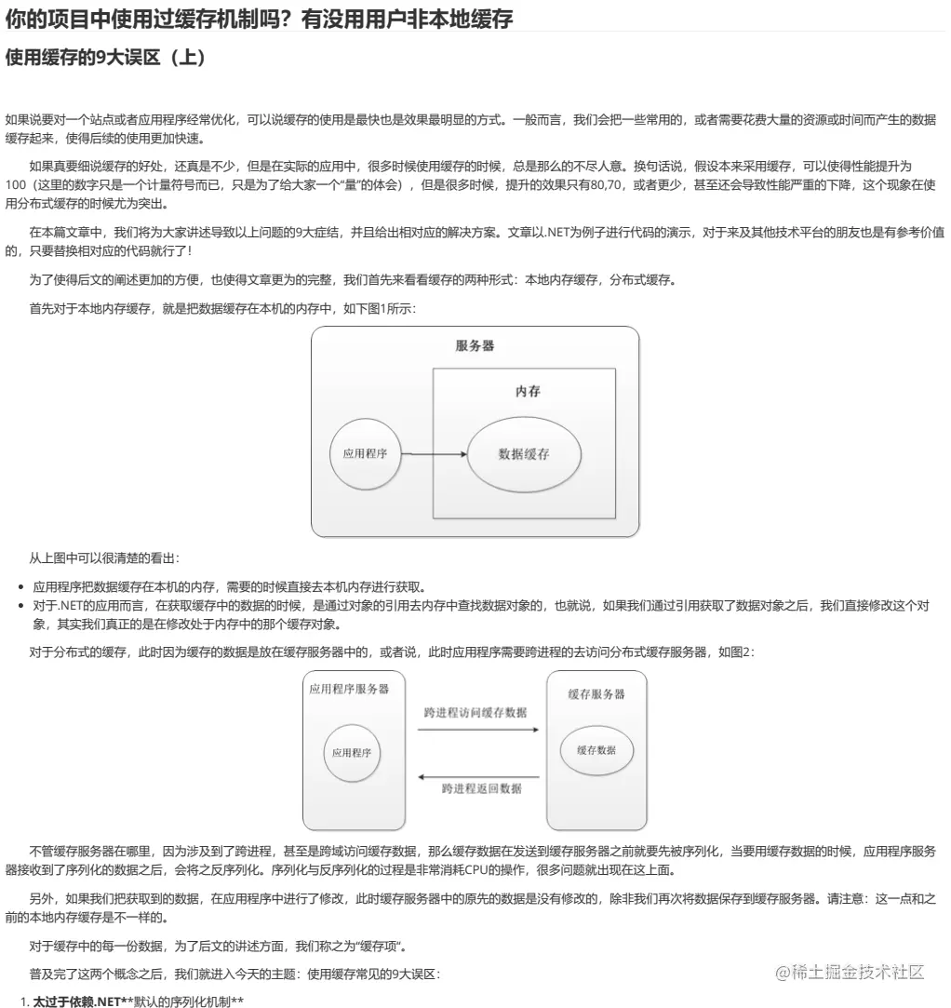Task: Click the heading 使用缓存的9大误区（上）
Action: coord(106,58)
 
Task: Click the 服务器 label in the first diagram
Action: coord(475,346)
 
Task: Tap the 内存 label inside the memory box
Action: coord(528,392)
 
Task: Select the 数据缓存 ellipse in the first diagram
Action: coord(524,454)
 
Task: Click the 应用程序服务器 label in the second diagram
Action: coord(349,689)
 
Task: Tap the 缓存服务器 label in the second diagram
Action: coord(596,694)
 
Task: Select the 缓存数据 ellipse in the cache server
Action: coord(596,750)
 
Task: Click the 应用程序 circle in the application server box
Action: coord(352,751)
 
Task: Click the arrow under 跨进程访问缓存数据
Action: coord(477,730)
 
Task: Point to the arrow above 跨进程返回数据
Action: coord(477,776)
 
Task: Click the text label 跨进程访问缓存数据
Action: coord(475,713)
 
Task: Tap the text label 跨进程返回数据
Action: coord(481,789)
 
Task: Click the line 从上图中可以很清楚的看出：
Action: coord(104,558)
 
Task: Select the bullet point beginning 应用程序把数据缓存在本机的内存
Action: coord(229,587)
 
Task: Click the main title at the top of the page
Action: coord(260,17)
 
